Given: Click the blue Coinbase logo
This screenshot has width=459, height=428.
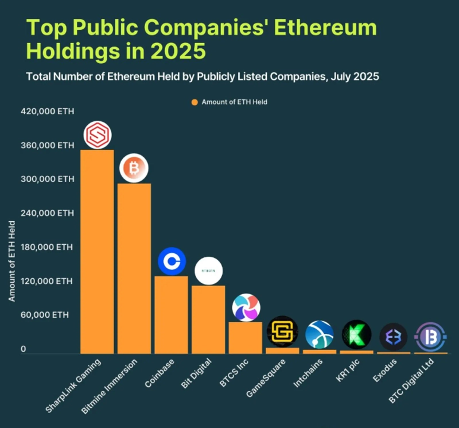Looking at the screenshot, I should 172,262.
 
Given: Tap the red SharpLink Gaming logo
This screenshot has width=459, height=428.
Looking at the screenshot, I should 97,136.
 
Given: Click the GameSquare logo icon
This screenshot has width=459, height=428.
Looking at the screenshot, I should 282,331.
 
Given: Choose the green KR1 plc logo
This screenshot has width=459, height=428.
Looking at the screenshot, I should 356,335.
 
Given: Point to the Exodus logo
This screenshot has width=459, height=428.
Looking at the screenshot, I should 394,337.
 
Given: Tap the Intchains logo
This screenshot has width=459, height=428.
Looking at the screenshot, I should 320,335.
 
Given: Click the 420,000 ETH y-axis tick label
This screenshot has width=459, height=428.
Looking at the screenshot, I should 47,111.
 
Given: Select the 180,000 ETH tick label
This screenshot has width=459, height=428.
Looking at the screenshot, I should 47,248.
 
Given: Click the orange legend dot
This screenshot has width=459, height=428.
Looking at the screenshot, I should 195,102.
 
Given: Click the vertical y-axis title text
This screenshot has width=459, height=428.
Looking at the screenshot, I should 12,259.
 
